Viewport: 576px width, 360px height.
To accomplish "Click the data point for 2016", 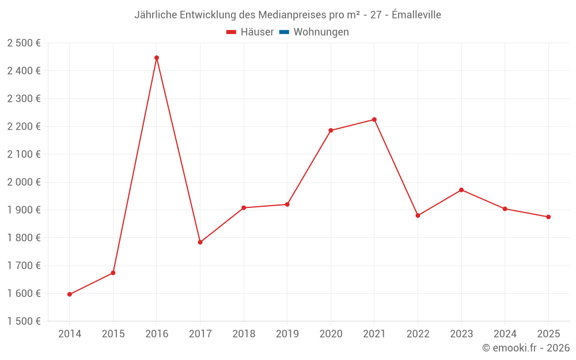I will click(x=157, y=58).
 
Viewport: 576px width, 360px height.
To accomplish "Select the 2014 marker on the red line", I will click(x=70, y=294).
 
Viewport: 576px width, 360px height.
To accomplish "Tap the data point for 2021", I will click(x=374, y=120).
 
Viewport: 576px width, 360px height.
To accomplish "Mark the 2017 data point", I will click(x=200, y=242).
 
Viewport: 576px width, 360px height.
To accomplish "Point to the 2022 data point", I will click(x=418, y=215).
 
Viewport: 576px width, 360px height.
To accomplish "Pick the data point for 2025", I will click(x=548, y=217).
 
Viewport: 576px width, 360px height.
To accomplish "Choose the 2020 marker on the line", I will click(x=331, y=130).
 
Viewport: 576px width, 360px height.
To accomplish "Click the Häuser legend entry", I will click(x=251, y=32).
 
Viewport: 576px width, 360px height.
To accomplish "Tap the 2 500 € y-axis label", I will click(x=24, y=43).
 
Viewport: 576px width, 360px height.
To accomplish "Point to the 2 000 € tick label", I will click(x=24, y=182).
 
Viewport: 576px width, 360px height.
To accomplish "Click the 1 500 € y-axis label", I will click(x=24, y=321).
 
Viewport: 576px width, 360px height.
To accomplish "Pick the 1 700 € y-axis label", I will click(x=24, y=266).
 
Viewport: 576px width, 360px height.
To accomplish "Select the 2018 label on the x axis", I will click(x=244, y=334).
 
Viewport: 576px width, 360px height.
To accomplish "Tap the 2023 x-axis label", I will click(x=461, y=334).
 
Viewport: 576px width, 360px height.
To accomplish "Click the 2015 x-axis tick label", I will click(x=113, y=334).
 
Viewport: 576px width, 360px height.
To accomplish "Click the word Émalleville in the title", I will click(x=416, y=15).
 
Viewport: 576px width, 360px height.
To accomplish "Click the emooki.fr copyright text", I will click(x=526, y=348).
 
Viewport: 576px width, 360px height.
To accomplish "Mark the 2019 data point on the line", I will click(x=287, y=204).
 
